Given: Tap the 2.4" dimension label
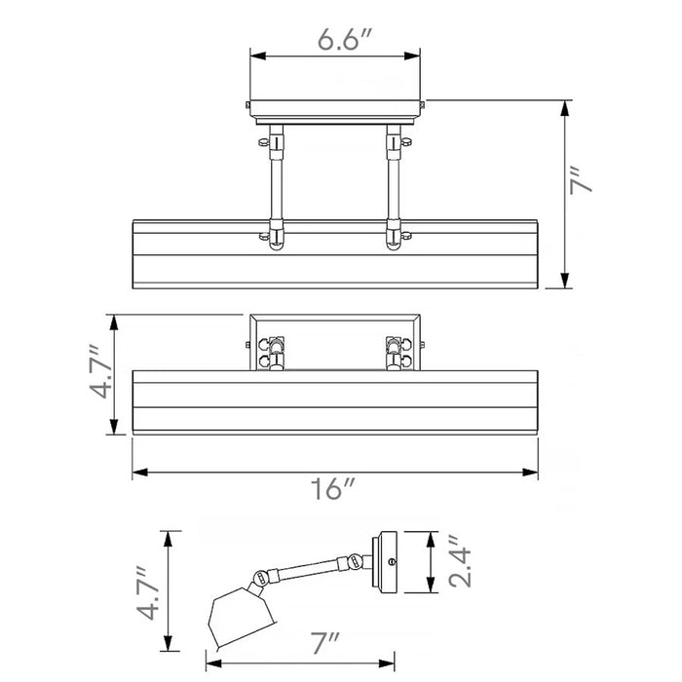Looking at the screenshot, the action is [x=460, y=561].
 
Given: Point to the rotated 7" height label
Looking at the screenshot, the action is [x=581, y=179].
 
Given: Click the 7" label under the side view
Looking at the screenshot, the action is [x=324, y=642].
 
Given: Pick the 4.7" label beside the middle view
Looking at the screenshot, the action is [x=101, y=372].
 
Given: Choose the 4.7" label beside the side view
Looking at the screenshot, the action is [x=147, y=592].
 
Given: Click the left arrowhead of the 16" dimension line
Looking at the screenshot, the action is [x=140, y=472].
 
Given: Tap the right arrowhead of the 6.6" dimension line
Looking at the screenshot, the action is [x=412, y=57].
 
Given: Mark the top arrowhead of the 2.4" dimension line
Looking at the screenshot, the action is [x=431, y=539].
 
